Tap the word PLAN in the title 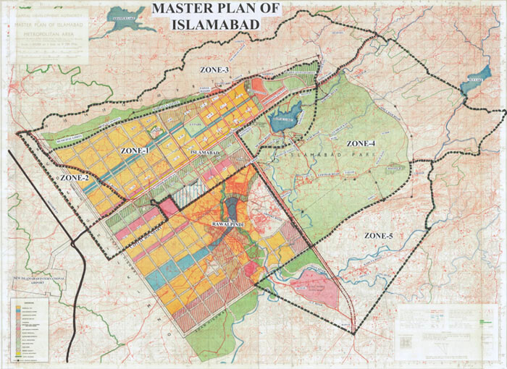click(x=246, y=10)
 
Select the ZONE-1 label click(x=135, y=150)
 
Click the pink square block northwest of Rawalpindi click(x=169, y=207)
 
